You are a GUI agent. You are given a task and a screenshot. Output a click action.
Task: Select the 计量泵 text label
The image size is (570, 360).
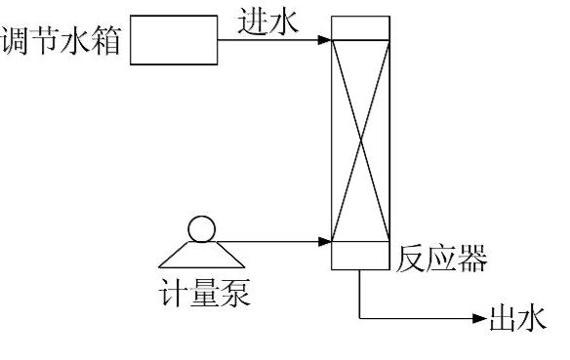click(204, 292)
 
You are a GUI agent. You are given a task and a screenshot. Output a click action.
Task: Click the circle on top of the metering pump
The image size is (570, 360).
click(201, 229)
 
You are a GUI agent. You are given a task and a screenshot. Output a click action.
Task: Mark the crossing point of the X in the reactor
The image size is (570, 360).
click(363, 140)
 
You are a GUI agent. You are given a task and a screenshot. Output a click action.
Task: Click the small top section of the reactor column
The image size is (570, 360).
click(363, 27)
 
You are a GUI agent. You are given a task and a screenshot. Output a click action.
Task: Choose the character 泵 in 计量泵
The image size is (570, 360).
click(235, 292)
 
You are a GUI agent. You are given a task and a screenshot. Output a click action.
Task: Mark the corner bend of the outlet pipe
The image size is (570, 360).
click(362, 318)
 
